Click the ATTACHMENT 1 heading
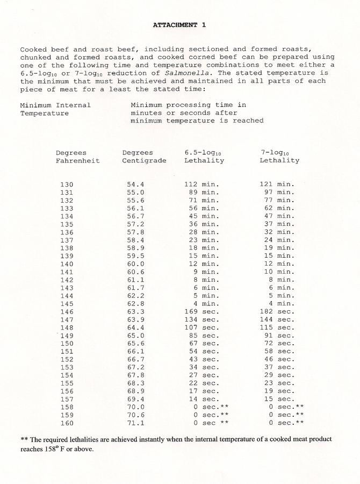point(179,25)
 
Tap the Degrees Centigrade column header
point(144,156)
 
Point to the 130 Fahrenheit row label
point(67,184)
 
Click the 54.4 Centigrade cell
point(135,184)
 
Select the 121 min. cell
point(277,184)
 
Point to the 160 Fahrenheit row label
point(67,423)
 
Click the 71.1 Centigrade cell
point(135,423)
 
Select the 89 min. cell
point(204,193)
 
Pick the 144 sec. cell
point(277,318)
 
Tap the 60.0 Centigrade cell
point(135,263)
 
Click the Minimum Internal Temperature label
point(55,109)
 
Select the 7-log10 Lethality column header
point(279,156)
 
